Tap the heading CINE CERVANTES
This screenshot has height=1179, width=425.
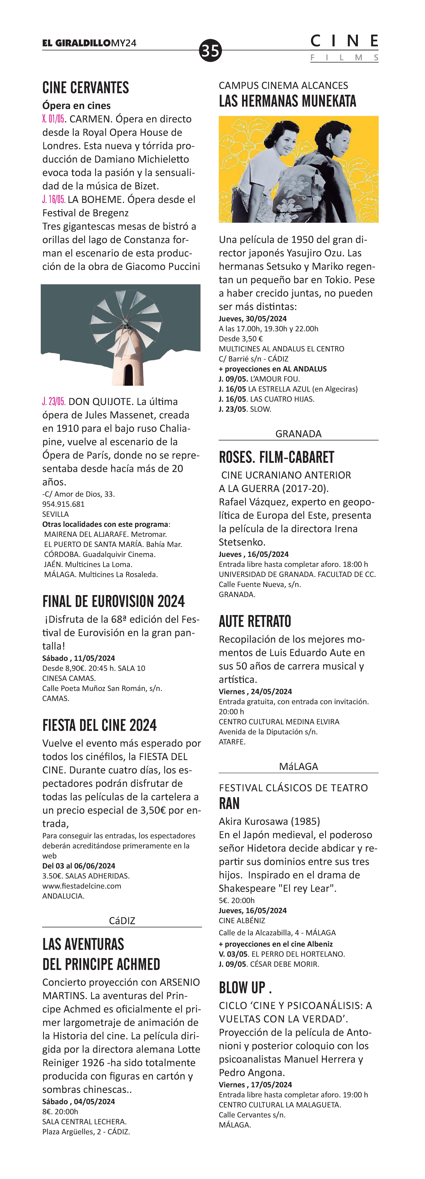(x=86, y=87)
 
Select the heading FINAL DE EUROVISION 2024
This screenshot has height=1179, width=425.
(x=113, y=601)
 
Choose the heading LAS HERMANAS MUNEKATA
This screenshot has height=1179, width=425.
(x=287, y=101)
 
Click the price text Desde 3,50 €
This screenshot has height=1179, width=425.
(x=241, y=339)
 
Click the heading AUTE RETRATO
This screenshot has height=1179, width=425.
(x=255, y=621)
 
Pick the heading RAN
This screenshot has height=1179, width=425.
(x=229, y=804)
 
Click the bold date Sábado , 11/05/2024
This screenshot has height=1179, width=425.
(x=78, y=658)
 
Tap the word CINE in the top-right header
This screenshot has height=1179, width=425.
(x=344, y=42)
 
